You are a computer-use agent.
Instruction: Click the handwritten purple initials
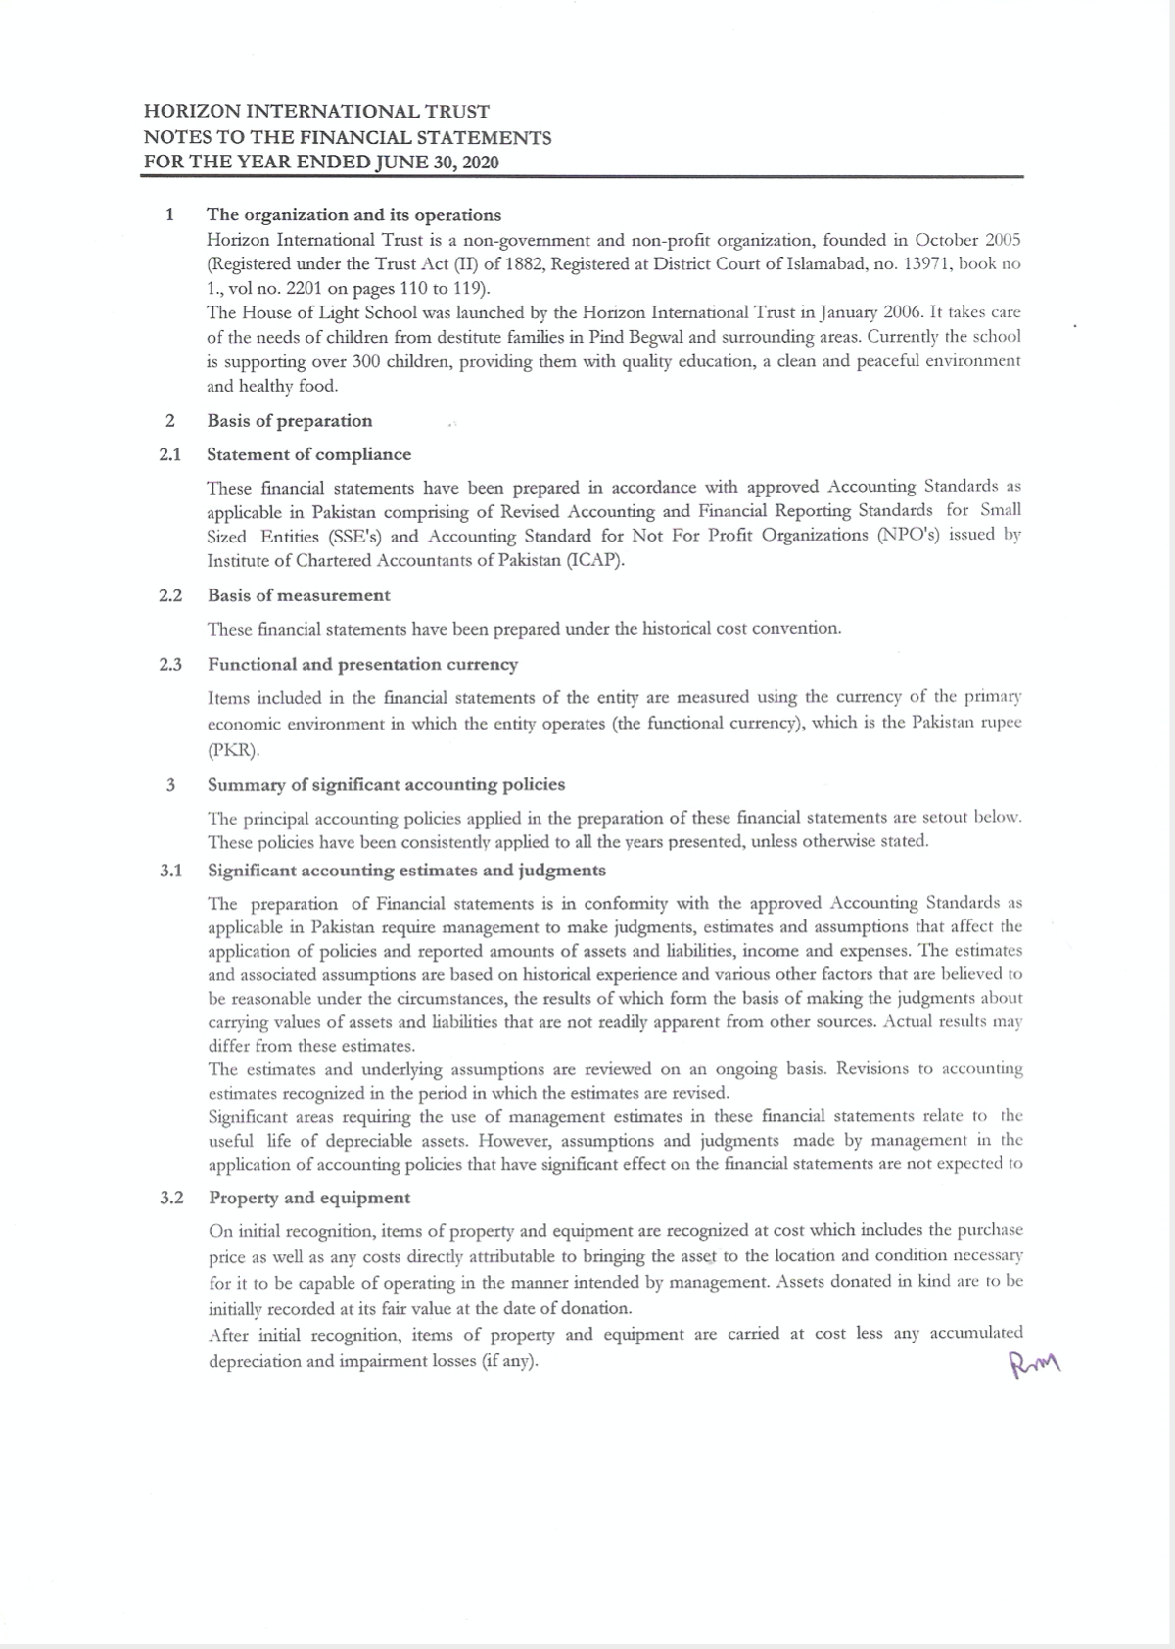1034,1362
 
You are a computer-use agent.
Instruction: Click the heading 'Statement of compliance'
308,454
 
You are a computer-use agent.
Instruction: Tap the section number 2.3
170,665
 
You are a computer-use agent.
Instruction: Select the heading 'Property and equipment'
308,1198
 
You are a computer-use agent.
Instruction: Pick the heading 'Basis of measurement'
298,595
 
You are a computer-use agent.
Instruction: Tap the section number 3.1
170,871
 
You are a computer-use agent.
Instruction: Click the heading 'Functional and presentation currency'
362,665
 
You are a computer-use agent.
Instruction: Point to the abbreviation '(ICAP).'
588,561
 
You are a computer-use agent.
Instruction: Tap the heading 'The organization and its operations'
353,215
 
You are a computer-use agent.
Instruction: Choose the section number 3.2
171,1198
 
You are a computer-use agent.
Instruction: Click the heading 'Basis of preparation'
289,421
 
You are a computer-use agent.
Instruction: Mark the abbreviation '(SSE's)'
357,537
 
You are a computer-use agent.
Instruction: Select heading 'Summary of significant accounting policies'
386,785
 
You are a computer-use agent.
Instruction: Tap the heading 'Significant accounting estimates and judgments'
406,871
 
